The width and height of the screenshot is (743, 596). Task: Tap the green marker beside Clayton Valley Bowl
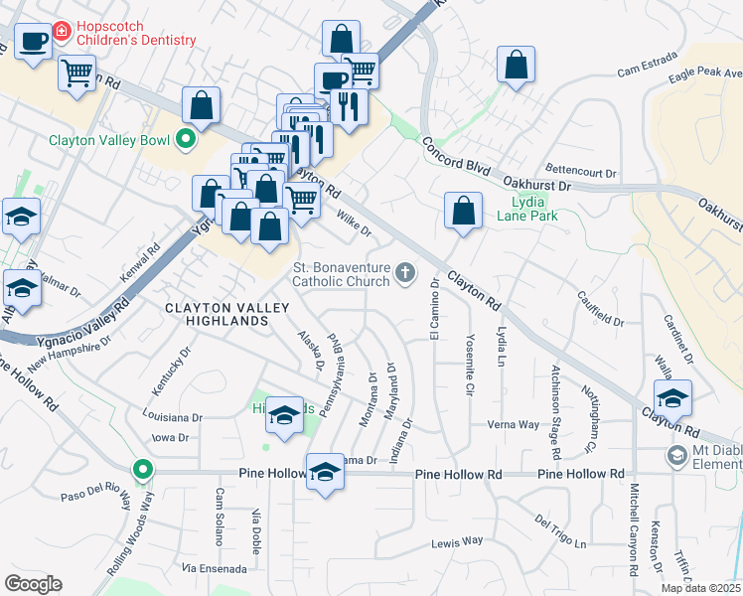coord(184,140)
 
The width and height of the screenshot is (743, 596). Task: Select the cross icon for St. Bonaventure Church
coord(404,272)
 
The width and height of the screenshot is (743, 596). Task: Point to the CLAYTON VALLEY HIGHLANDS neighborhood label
coord(219,314)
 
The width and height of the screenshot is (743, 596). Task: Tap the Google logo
coord(34,584)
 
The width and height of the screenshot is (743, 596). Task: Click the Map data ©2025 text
coord(701,588)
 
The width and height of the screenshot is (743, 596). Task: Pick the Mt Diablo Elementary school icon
coord(676,455)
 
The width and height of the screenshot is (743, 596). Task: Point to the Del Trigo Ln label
coord(560,530)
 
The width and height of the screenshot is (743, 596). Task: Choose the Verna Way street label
coord(513,424)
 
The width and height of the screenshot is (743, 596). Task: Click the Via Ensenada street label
coord(214,568)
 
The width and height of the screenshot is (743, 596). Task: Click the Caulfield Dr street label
coord(600,308)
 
